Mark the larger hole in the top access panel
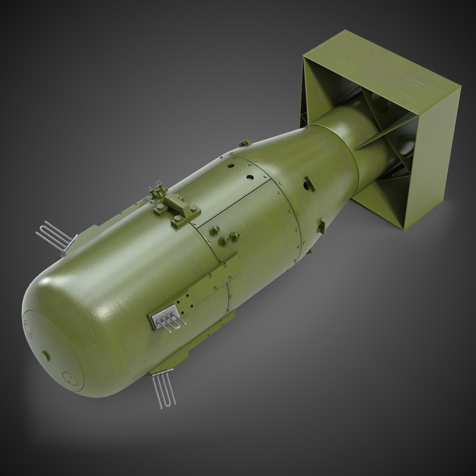point(250,177)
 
